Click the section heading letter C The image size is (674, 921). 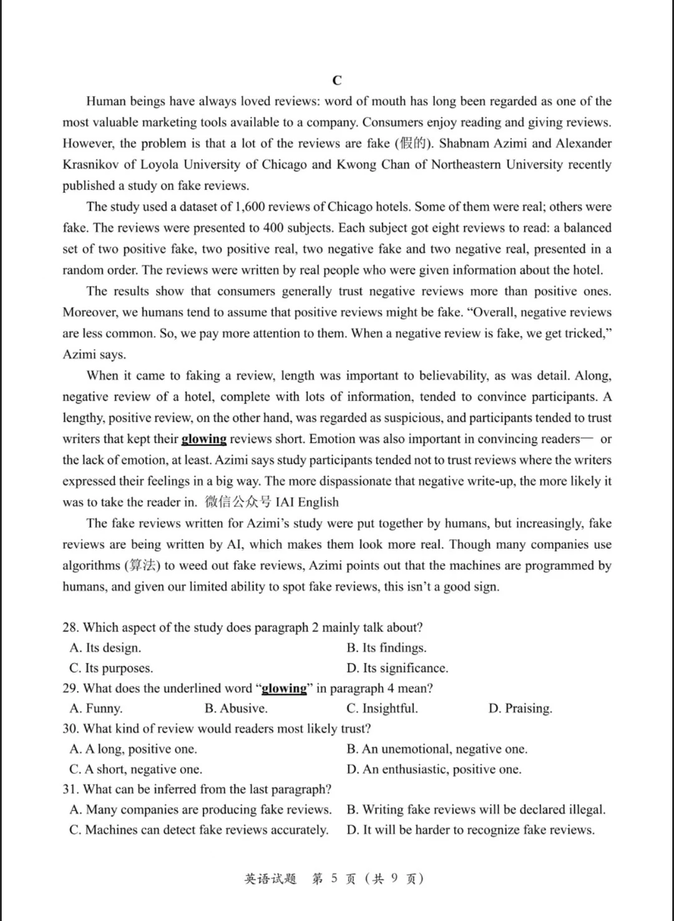pos(337,80)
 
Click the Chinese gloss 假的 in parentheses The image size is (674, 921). pos(413,143)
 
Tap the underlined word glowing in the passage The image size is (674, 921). pos(203,439)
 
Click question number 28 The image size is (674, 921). pos(71,627)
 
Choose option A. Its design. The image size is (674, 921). pos(105,648)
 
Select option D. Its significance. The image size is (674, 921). pos(398,668)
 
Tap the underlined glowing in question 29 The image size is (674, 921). pos(284,688)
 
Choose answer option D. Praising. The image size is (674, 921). pos(520,708)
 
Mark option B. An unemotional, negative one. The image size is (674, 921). pos(437,749)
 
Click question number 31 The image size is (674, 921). pos(71,789)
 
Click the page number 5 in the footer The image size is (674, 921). pos(335,879)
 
